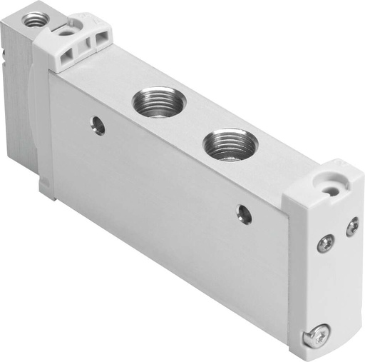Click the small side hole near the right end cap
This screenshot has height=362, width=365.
pyautogui.click(x=245, y=212)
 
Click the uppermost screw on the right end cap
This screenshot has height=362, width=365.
pyautogui.click(x=352, y=227)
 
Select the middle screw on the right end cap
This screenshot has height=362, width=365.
pyautogui.click(x=324, y=243)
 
